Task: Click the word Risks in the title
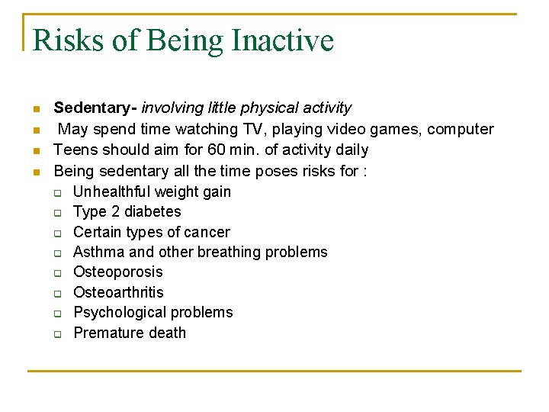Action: pos(68,40)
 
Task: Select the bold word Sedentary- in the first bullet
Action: pos(95,108)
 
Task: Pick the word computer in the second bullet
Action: pos(460,130)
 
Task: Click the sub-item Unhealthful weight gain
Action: pos(152,192)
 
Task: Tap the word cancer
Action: pos(207,232)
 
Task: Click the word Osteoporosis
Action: pos(117,272)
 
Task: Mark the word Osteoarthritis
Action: pos(118,292)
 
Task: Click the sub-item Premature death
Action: pos(129,333)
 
